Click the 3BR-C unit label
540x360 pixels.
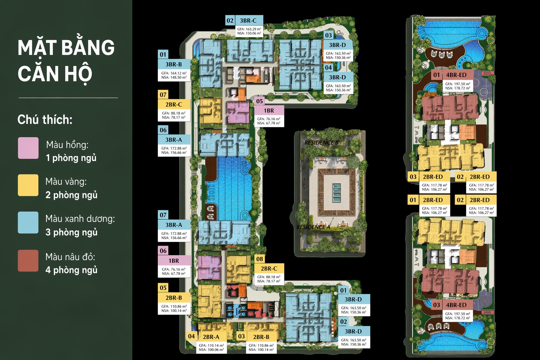[248, 20]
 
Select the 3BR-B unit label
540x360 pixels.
[174, 64]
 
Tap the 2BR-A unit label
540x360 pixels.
[211, 337]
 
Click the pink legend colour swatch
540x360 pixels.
[28, 148]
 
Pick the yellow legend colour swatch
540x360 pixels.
[28, 185]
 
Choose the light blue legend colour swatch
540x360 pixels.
[28, 223]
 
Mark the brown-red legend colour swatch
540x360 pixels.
[28, 261]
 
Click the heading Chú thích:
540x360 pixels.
[45, 120]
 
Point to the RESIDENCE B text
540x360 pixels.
[321, 142]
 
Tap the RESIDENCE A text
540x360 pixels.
[313, 227]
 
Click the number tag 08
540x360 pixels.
[259, 259]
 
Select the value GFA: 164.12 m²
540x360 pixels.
[174, 73]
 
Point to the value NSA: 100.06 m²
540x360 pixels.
[211, 350]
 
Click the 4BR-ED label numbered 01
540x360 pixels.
[456, 75]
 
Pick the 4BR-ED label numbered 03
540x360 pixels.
[456, 305]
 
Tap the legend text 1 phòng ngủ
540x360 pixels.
[71, 158]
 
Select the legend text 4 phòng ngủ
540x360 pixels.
[71, 270]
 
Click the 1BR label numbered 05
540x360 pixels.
[269, 110]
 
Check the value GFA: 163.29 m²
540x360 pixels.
[249, 29]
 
